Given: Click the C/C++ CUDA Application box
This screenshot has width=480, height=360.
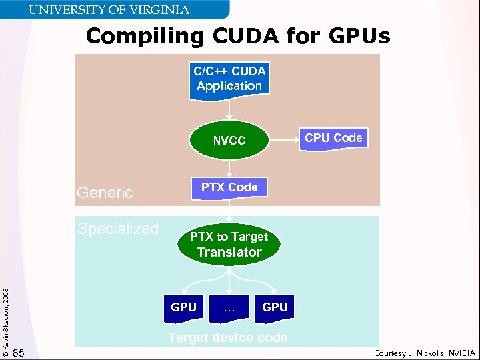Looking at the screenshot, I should [x=229, y=79].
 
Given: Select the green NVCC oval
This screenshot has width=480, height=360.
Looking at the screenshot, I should [x=229, y=141].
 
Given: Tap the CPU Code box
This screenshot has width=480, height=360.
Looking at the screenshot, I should [x=333, y=138].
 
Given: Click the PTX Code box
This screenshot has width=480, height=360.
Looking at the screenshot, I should [x=229, y=187].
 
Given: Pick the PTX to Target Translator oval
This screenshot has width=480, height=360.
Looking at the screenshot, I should [x=229, y=245].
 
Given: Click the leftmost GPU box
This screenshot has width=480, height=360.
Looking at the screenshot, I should [x=183, y=307].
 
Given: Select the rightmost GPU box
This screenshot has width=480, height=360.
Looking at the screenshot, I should [x=275, y=307].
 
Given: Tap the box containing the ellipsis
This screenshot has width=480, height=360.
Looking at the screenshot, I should [x=229, y=307].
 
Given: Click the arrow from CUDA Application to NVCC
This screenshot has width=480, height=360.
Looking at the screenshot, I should [x=229, y=110].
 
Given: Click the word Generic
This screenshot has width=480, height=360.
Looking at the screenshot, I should [x=105, y=193].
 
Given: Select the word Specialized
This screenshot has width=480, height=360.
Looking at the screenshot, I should [x=118, y=229].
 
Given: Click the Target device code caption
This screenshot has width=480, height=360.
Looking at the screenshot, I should [x=228, y=338].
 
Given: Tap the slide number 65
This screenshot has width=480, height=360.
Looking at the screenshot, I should [x=19, y=353].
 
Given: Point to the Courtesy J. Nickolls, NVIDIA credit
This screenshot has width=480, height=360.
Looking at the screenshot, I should [x=425, y=353].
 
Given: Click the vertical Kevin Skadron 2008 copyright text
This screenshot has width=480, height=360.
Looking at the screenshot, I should [x=6, y=317].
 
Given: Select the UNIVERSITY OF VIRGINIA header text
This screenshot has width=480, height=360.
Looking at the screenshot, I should [x=108, y=10].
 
